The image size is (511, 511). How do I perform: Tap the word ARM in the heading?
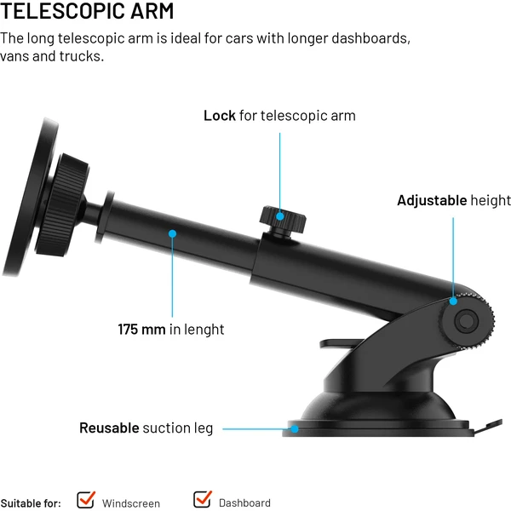[152, 11]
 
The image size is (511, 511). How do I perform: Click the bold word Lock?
[220, 116]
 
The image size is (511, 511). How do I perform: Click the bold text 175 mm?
[141, 329]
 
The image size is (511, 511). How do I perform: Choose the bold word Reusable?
[109, 428]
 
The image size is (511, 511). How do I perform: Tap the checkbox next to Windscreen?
[86, 500]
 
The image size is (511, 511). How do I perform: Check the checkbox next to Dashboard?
[202, 499]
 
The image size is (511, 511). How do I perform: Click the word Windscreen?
[130, 503]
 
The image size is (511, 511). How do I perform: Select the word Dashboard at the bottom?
[244, 502]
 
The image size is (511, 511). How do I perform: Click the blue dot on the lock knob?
[279, 216]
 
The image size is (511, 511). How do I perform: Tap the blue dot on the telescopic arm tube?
[172, 233]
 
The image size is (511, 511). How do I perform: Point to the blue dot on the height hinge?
[453, 301]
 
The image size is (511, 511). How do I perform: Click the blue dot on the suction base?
[295, 429]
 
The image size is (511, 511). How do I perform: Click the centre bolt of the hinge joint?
[467, 321]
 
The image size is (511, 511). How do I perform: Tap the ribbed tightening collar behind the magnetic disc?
[62, 205]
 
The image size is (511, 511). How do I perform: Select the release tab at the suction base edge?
[488, 427]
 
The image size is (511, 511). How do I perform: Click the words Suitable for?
[31, 503]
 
